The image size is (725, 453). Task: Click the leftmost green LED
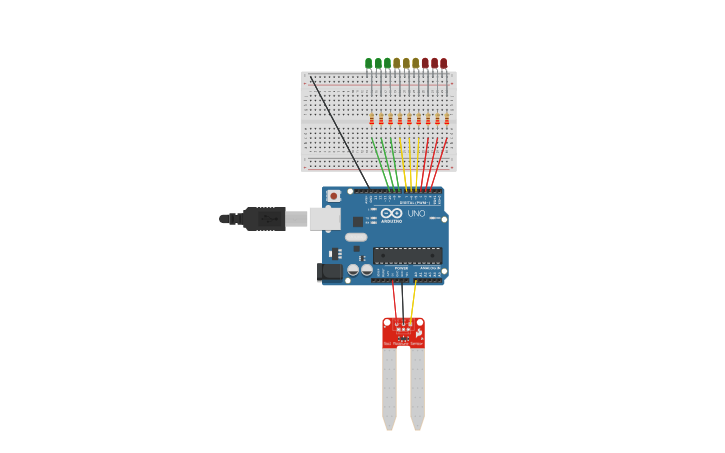click(369, 64)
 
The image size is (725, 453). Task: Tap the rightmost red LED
click(444, 64)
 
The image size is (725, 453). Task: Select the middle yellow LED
click(406, 64)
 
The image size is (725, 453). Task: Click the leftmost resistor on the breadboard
click(372, 120)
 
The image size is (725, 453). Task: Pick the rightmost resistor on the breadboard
click(447, 120)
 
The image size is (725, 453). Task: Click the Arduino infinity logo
click(391, 213)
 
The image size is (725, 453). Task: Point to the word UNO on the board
click(416, 213)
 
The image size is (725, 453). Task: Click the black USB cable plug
click(262, 218)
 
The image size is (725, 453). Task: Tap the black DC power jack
click(330, 271)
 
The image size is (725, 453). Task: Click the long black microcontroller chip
click(408, 255)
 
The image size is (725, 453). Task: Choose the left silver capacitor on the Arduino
click(353, 269)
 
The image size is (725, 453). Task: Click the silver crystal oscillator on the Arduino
click(356, 237)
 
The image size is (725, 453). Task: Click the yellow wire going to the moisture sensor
click(412, 300)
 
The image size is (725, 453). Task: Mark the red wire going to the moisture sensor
click(395, 300)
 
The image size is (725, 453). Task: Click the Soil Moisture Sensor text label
click(403, 343)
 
